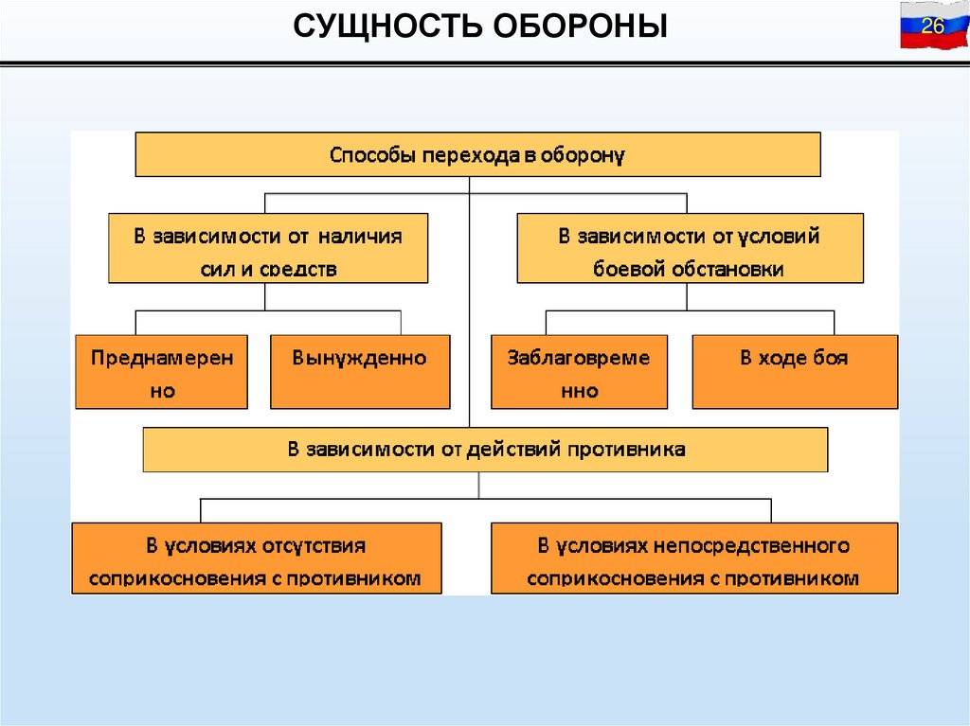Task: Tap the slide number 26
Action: coord(933,27)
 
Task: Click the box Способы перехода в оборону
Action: coord(477,154)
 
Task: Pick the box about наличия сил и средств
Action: coord(268,248)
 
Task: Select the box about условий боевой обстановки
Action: coord(690,248)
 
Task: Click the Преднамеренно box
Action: coord(161,371)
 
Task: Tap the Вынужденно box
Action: coord(360,371)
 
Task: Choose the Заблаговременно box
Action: coord(579,371)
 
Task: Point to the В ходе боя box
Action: coord(795,371)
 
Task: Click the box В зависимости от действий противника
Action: coord(485,450)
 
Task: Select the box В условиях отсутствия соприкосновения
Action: coord(256,558)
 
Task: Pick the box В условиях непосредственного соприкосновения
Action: coord(693,558)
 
